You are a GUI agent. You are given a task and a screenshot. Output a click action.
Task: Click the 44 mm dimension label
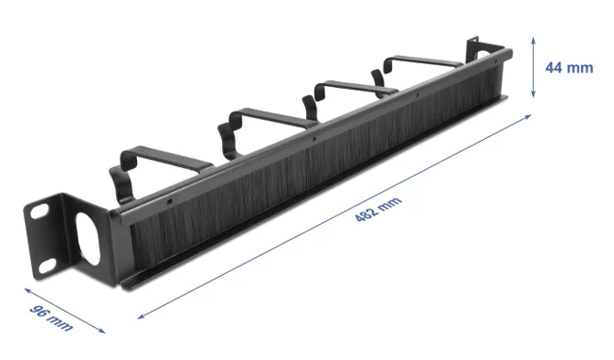point(569,68)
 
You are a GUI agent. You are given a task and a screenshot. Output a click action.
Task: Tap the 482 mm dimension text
point(378,209)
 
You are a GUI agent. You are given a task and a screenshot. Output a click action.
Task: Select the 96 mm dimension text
point(51,317)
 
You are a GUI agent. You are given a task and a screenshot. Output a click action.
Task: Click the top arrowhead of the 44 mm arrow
point(533,39)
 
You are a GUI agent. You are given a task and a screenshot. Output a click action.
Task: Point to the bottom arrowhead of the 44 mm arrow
point(533,94)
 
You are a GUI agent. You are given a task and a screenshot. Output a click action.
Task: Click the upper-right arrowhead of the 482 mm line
point(529,116)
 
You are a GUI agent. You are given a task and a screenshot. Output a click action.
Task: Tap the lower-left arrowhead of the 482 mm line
point(141,317)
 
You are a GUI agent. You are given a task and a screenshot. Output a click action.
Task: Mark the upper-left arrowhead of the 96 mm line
point(27,290)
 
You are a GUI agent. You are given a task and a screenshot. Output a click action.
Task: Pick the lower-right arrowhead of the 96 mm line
point(102,331)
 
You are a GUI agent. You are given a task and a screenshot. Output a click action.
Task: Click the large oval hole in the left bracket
point(88,238)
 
